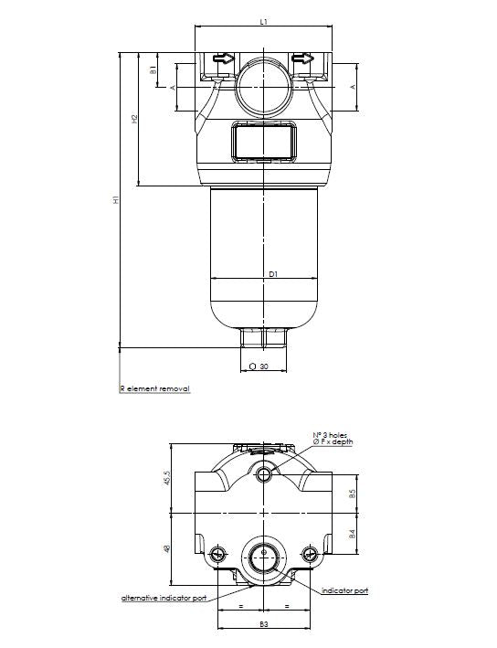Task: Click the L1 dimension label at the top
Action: [x=263, y=20]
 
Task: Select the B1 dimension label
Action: [x=154, y=69]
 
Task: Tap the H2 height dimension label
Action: [x=134, y=119]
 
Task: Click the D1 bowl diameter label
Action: [x=272, y=272]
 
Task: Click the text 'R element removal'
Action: [x=155, y=388]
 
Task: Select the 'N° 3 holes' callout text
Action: [x=329, y=436]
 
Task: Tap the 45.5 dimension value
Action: [x=166, y=479]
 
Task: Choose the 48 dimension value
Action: [x=166, y=548]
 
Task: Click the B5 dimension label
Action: [x=353, y=494]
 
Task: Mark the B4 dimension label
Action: [x=353, y=535]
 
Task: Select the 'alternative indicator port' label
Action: [x=164, y=598]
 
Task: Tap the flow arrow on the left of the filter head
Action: [x=222, y=60]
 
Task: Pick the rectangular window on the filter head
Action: [x=263, y=142]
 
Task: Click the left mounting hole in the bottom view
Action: [x=217, y=554]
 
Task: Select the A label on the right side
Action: [x=354, y=87]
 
